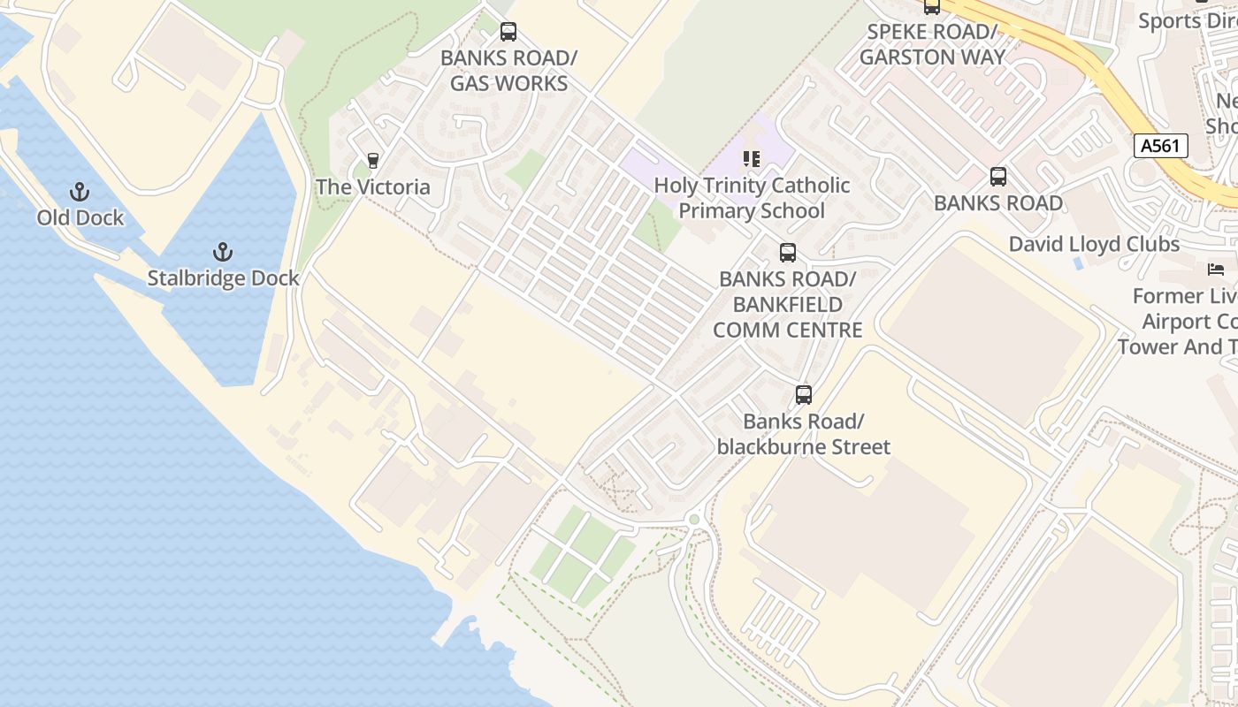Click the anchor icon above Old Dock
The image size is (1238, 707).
[80, 192]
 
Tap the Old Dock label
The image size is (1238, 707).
[80, 217]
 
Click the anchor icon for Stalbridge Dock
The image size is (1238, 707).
[223, 253]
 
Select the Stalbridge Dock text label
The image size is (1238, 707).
[223, 278]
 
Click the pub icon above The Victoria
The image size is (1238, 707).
[373, 161]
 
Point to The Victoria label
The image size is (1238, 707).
[373, 187]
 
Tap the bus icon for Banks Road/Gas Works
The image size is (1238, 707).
[508, 33]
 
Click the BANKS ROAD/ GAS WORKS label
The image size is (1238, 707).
[508, 71]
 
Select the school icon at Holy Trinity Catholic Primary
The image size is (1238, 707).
[752, 159]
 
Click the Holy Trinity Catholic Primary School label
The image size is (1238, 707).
[752, 198]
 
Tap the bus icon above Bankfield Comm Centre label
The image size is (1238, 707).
[788, 253]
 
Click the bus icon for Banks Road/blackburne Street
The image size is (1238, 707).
[804, 395]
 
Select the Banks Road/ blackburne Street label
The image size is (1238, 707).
[804, 434]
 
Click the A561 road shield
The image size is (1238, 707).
[1160, 146]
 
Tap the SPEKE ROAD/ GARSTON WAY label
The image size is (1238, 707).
[932, 45]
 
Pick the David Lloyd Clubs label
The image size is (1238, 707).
[1094, 244]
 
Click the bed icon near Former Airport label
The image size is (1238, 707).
[1216, 269]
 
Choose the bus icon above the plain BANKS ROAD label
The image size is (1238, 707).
[998, 177]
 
